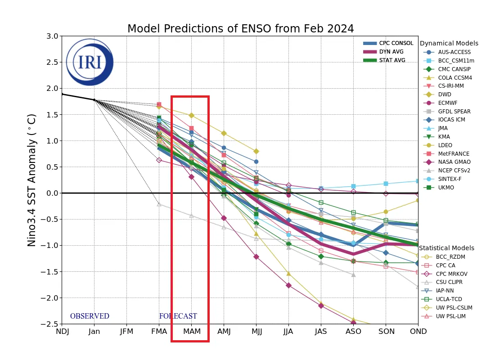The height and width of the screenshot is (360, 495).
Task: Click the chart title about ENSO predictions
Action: (x=240, y=29)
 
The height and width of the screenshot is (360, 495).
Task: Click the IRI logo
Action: (x=90, y=62)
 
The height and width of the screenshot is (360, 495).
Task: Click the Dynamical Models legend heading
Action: (x=449, y=44)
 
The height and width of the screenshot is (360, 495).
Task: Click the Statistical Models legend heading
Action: (x=446, y=248)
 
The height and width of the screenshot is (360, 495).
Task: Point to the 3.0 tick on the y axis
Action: (x=52, y=36)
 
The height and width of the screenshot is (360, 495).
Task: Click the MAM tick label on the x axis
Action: (x=191, y=332)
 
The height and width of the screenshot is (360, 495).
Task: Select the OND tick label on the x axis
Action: (x=418, y=332)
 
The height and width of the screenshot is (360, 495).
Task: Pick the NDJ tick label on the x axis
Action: (x=62, y=332)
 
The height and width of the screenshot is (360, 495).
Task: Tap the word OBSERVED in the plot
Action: (x=90, y=316)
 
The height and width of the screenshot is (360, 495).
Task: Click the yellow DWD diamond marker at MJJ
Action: (x=256, y=151)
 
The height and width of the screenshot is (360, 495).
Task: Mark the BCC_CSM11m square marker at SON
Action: (x=386, y=184)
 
